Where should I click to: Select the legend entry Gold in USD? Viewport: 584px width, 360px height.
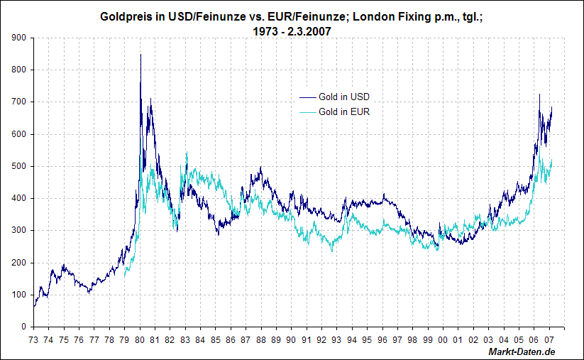coord(344,97)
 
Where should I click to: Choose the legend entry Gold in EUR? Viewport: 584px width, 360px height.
coord(344,111)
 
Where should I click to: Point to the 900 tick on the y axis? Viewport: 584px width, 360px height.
coord(20,38)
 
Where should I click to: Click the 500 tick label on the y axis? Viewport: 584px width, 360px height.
coord(20,166)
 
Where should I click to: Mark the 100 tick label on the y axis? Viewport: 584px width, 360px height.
coord(20,295)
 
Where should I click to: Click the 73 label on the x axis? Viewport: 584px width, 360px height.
coord(33,340)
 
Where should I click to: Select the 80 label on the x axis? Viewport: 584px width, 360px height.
coord(140,340)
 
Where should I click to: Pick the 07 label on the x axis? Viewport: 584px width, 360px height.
coord(550,340)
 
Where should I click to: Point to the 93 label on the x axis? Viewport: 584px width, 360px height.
coord(337,340)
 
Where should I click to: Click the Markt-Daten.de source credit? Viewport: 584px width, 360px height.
coord(522,352)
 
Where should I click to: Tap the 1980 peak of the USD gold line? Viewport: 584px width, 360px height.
coord(141,55)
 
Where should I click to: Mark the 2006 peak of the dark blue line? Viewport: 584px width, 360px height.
coord(539,94)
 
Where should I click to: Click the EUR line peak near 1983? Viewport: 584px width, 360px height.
coord(187,153)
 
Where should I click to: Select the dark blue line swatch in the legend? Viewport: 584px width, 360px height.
coord(307,97)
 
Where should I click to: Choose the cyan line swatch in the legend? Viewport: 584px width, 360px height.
coord(307,111)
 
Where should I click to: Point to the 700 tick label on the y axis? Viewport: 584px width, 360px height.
coord(20,102)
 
